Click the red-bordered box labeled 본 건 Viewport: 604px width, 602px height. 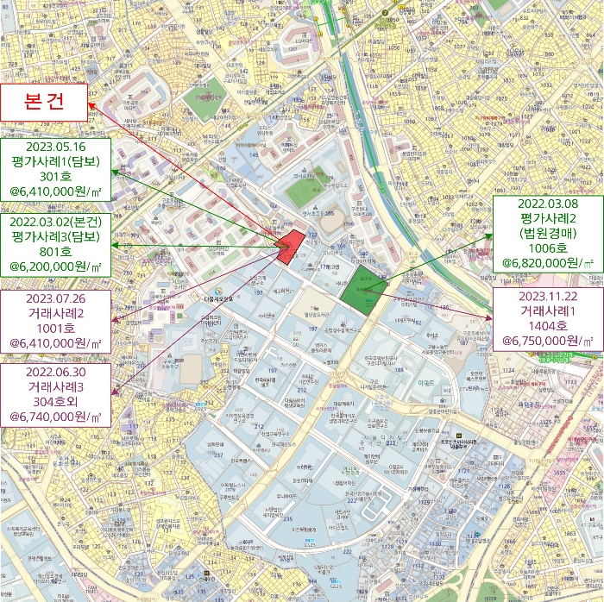45,104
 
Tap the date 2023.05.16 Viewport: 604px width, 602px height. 55,147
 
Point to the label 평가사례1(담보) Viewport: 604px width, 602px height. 55,162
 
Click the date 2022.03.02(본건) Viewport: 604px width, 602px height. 55,222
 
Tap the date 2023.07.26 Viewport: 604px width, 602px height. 55,297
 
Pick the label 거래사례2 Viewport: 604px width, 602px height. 55,312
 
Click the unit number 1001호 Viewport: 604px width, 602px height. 55,328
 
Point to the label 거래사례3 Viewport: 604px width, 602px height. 55,386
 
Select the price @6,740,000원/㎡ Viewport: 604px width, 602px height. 55,417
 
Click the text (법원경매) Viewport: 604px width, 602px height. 547,233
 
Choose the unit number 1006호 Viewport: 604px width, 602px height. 547,248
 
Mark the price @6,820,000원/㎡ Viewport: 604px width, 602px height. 547,263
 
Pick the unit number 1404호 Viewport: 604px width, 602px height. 547,326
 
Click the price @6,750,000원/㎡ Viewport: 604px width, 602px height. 547,342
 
